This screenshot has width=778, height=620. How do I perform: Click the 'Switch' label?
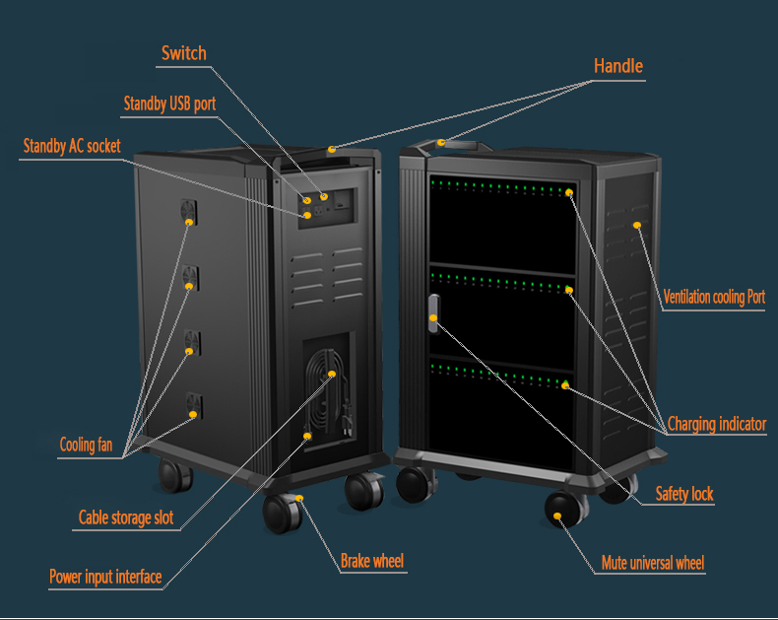184,53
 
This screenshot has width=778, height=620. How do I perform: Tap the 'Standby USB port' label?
169,103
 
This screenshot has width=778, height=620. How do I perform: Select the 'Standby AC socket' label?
72,146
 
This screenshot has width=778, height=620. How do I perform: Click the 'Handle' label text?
618,66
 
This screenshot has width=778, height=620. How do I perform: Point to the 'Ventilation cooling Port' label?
714,297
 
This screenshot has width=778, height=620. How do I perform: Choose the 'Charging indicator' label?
716,425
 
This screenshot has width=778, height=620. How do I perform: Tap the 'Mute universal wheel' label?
653,564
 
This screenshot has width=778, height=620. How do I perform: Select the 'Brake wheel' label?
372,562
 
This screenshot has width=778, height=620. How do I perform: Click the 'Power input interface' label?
105,577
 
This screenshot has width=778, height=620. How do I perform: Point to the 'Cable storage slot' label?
126,517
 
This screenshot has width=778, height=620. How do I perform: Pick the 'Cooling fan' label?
86,445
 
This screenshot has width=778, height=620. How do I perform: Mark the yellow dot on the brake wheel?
299,499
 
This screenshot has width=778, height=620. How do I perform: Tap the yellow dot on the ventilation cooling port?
637,226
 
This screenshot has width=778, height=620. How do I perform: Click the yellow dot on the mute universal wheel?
562,513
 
